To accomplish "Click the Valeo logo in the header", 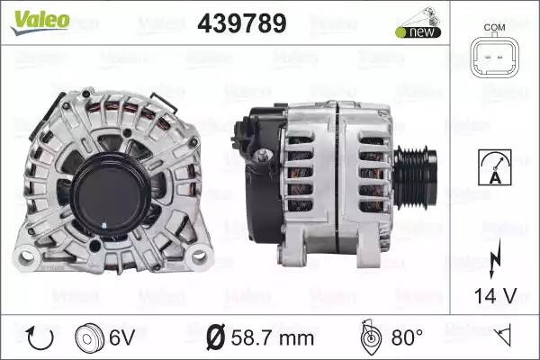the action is pyautogui.click(x=40, y=22).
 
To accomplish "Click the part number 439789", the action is pyautogui.click(x=242, y=23).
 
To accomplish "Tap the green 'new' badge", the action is pyautogui.click(x=418, y=32).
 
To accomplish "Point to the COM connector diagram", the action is pyautogui.click(x=494, y=57).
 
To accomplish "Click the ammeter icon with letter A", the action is pyautogui.click(x=494, y=167).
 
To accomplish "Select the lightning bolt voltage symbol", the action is pyautogui.click(x=495, y=257).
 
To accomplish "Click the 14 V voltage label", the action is pyautogui.click(x=495, y=295).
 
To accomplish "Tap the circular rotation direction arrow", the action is pyautogui.click(x=40, y=338).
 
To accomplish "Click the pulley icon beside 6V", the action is pyautogui.click(x=89, y=338).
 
